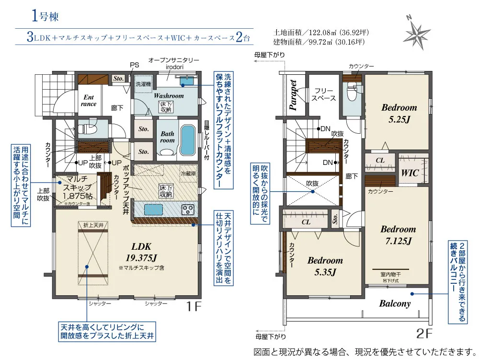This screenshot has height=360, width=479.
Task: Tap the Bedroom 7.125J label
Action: [398, 235]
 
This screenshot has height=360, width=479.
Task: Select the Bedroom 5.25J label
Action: [399, 113]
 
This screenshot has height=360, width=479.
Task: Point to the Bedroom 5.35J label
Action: [325, 266]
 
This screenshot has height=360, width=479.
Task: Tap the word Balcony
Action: [395, 303]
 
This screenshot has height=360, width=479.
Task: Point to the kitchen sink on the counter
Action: [153, 210]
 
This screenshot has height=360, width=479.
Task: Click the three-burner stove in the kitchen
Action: [187, 209]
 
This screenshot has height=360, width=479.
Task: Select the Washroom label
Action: [169, 96]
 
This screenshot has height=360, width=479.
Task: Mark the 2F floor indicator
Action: [424, 333]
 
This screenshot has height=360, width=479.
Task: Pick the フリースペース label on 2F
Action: [324, 94]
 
